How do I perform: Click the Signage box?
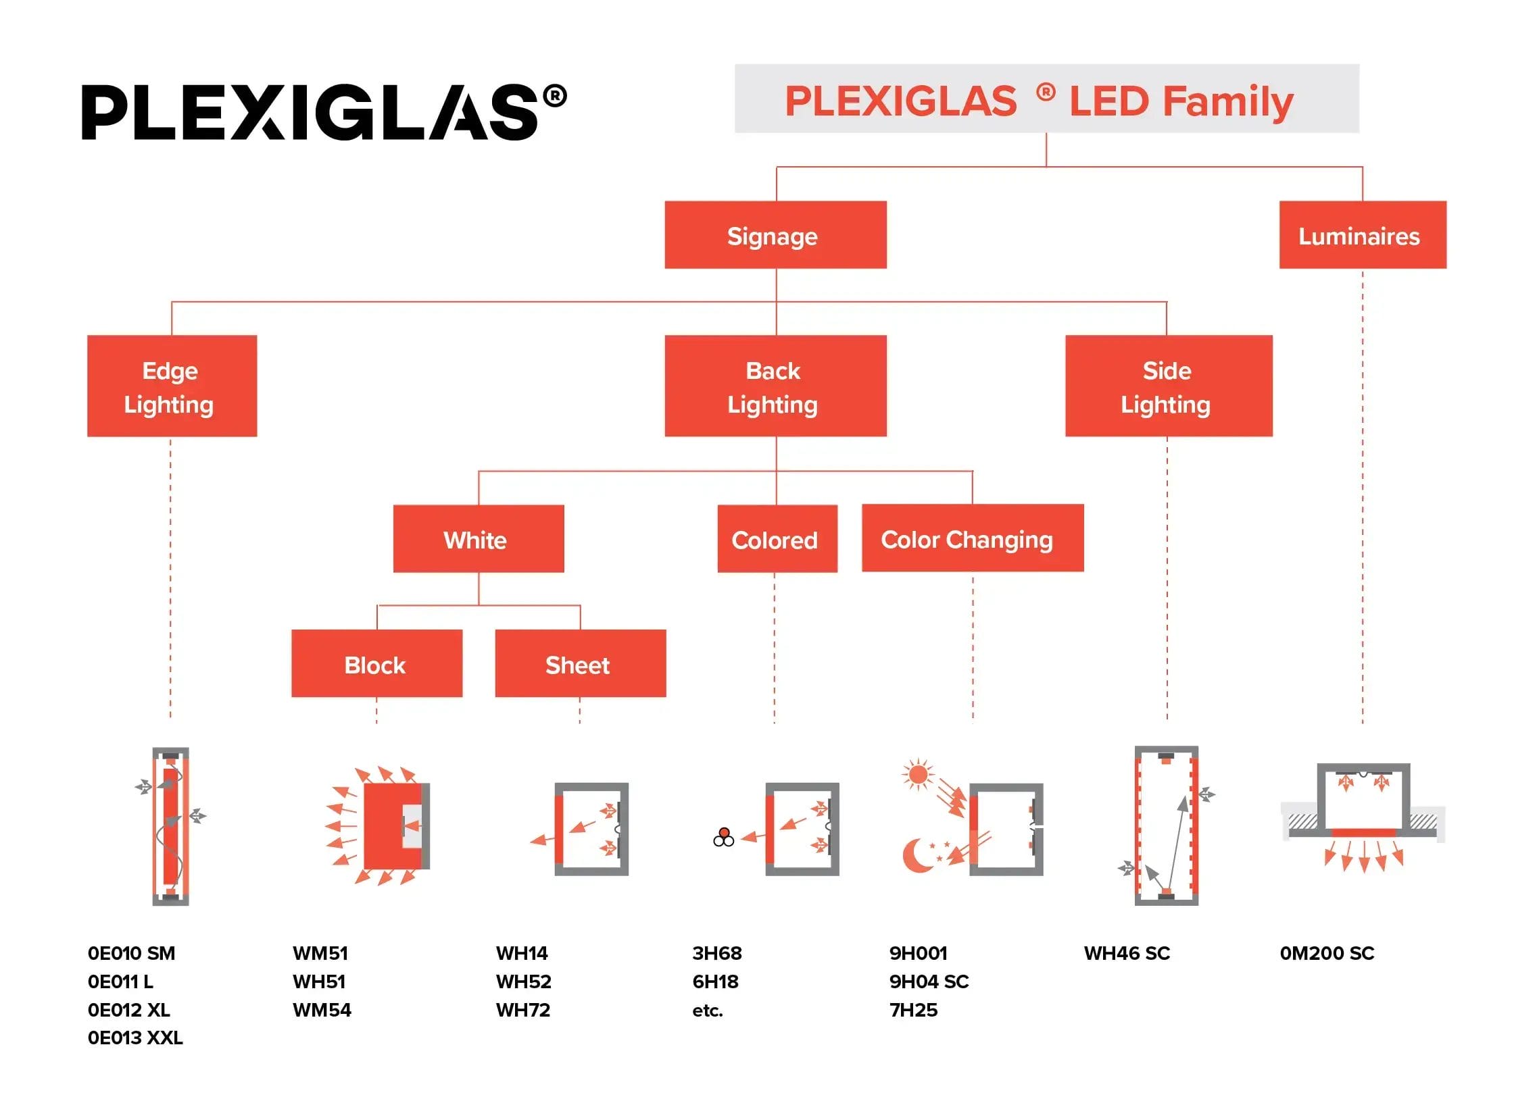point(775,235)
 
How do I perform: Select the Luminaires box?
point(1362,235)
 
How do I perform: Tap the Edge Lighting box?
point(171,386)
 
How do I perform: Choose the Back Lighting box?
point(775,386)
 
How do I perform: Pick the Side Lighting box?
point(1168,386)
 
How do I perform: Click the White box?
point(478,538)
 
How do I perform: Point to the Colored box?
point(777,538)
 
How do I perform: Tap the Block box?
point(376,663)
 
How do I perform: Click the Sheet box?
point(580,663)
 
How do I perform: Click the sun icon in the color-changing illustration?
point(917,773)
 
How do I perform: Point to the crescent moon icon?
point(916,855)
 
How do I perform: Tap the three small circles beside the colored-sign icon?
point(723,837)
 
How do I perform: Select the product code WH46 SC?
point(1127,953)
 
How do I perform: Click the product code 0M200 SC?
point(1326,953)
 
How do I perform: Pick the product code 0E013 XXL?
point(135,1038)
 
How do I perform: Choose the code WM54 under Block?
point(322,1010)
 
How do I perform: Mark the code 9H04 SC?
point(928,981)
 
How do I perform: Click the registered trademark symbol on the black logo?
point(554,96)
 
